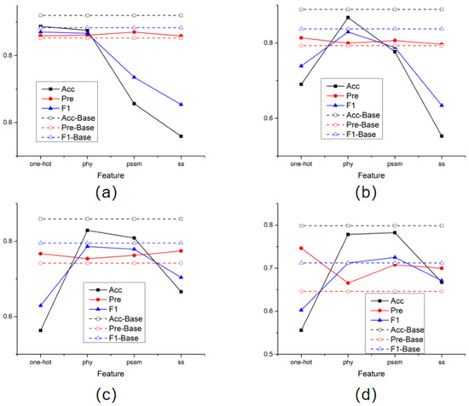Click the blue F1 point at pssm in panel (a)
[158, 77]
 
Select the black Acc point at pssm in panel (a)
[158, 104]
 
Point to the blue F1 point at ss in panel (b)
[442, 106]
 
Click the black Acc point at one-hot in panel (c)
[40, 330]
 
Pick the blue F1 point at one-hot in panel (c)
[40, 306]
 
